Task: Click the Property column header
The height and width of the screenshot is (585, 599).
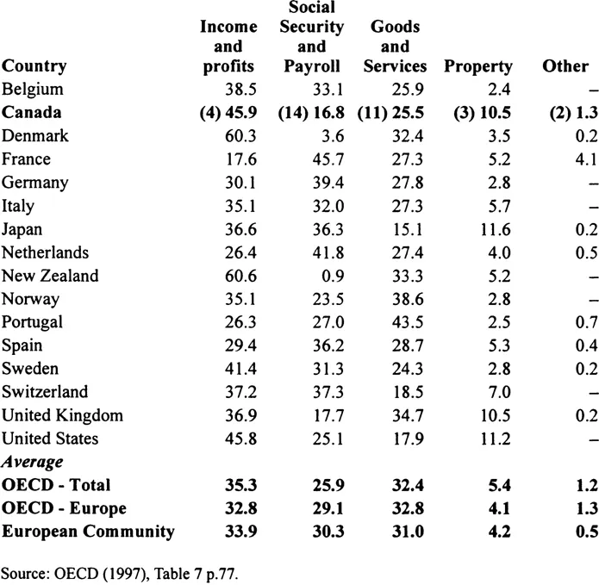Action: pyautogui.click(x=477, y=66)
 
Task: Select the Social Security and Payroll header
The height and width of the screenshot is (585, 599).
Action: pyautogui.click(x=312, y=37)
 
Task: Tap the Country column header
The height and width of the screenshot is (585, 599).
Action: pyautogui.click(x=34, y=66)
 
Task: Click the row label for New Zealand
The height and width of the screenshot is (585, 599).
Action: pyautogui.click(x=50, y=276)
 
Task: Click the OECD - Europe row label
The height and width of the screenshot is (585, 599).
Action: pyautogui.click(x=63, y=508)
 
